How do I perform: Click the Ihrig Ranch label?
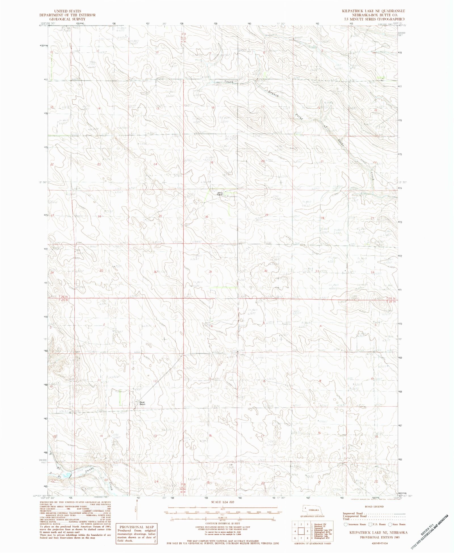tap(220, 194)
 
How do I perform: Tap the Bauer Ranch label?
tap(142, 403)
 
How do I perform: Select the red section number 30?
tap(207, 217)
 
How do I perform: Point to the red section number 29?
tap(266, 215)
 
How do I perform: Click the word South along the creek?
tap(228, 82)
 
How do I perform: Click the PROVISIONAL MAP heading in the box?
tap(136, 527)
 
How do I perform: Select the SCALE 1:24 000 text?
tap(222, 502)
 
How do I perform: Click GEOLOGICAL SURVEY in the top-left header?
tap(68, 19)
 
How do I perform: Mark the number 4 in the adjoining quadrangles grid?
tap(295, 531)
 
